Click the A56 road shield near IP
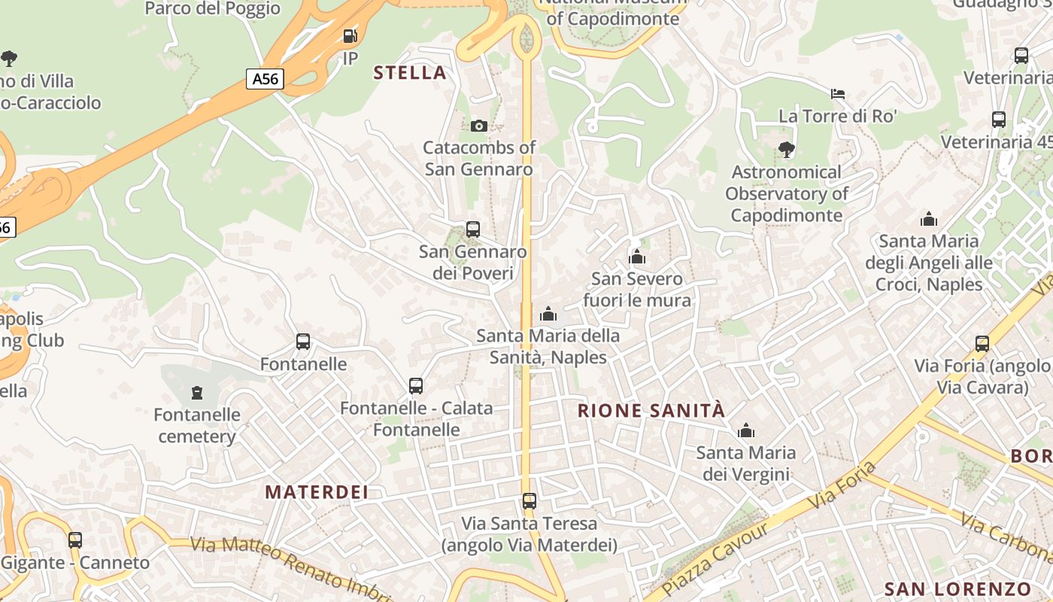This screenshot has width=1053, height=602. pyautogui.click(x=265, y=78)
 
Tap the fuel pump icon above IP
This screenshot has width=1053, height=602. pyautogui.click(x=350, y=35)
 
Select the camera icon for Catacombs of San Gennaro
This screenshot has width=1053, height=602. pyautogui.click(x=478, y=126)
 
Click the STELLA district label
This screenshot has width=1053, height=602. pyautogui.click(x=410, y=73)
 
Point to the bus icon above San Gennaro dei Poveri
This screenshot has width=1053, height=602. pyautogui.click(x=473, y=229)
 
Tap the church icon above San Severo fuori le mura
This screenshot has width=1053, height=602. pyautogui.click(x=637, y=257)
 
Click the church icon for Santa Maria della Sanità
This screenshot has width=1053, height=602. pyautogui.click(x=548, y=314)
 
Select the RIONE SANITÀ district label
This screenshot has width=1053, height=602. pyautogui.click(x=651, y=411)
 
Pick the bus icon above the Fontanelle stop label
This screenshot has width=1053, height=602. pyautogui.click(x=303, y=342)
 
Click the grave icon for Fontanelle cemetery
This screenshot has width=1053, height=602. pyautogui.click(x=197, y=392)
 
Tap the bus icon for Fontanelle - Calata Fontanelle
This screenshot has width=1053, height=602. pyautogui.click(x=416, y=386)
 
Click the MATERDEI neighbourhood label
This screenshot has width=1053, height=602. pyautogui.click(x=317, y=492)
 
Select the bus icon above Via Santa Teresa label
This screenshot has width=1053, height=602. pyautogui.click(x=530, y=500)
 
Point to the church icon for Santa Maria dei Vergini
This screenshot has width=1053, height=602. pyautogui.click(x=746, y=430)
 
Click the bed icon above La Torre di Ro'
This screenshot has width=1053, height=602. pyautogui.click(x=838, y=94)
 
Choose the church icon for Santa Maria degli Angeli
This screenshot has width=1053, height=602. pyautogui.click(x=929, y=219)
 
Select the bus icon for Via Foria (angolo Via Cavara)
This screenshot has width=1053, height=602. pyautogui.click(x=982, y=344)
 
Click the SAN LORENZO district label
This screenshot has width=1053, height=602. pyautogui.click(x=957, y=589)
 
